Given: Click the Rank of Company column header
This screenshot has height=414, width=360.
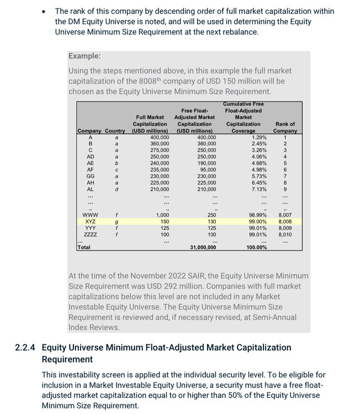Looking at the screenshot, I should click(x=285, y=128).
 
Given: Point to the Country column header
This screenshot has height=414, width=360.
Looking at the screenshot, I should click(x=115, y=131).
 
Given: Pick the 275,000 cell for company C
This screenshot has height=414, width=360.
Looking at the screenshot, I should click(x=160, y=150).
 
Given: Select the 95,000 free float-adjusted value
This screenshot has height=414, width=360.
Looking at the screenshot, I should click(x=206, y=169).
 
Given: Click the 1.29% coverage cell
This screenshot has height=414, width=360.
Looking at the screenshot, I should click(x=259, y=137).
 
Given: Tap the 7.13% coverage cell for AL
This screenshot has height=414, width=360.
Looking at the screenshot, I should click(x=259, y=189).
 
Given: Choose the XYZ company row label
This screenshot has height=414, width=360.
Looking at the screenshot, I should click(x=90, y=221).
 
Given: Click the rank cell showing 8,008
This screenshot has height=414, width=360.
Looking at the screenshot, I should click(x=285, y=221).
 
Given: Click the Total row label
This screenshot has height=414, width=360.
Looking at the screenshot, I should click(x=84, y=247).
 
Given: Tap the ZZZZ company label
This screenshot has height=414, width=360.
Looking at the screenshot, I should click(x=90, y=235).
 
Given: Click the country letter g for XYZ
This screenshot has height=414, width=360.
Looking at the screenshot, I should click(x=116, y=221).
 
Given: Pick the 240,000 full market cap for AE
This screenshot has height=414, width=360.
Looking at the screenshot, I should click(x=160, y=163).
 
